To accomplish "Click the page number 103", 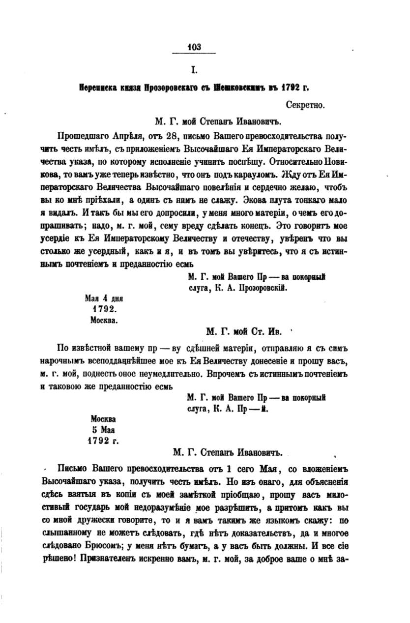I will [x=194, y=47].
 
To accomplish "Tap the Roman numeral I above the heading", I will [x=194, y=70].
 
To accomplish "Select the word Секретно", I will [x=305, y=104].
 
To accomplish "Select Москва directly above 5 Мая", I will [x=103, y=419].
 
